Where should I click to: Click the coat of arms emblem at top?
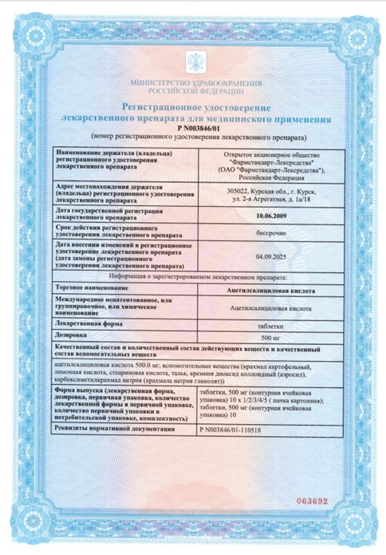tap(194, 63)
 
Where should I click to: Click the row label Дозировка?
tap(73, 338)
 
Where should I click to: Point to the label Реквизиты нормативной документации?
tap(115, 429)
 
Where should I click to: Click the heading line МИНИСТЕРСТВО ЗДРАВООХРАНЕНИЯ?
tap(194, 84)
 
